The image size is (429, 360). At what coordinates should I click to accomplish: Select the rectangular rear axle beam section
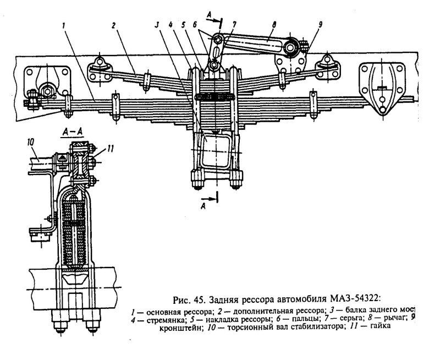pos(214,151)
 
